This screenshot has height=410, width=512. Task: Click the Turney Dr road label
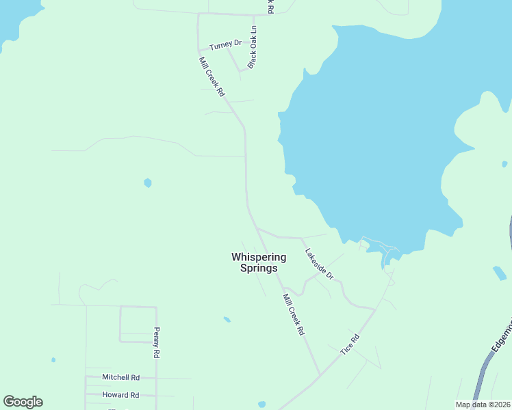click(225, 45)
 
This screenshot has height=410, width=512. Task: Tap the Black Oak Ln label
click(253, 47)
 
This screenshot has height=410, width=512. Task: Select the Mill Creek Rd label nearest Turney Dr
click(212, 77)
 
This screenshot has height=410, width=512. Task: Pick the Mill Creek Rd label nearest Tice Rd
click(294, 314)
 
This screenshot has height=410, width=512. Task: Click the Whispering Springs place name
click(259, 262)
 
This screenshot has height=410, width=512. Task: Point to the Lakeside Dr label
click(319, 263)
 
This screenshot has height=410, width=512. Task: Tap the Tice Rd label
click(350, 344)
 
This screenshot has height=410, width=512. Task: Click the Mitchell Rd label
click(120, 377)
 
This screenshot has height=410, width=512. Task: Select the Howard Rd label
click(120, 395)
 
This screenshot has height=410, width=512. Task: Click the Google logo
click(23, 402)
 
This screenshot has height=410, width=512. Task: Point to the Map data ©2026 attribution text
click(483, 405)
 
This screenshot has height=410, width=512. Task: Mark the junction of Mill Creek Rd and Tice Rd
click(320, 374)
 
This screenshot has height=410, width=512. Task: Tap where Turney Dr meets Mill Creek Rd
click(199, 49)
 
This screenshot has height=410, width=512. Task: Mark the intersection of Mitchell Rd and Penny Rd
click(157, 378)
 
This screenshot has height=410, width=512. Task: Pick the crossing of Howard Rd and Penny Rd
click(157, 396)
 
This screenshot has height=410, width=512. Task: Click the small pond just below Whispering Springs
click(227, 319)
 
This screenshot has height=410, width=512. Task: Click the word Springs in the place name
click(259, 269)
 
